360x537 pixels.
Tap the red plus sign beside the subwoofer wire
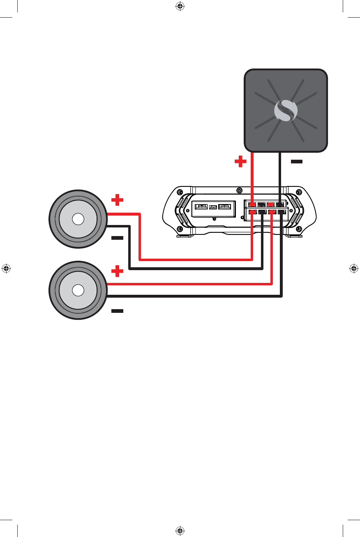[240, 162]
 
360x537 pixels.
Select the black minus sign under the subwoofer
[296, 162]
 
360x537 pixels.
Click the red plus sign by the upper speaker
[118, 200]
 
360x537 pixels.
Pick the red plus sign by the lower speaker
[118, 271]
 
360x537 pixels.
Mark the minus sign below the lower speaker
[117, 311]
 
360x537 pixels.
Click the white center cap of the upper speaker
[78, 219]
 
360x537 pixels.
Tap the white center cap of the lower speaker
[78, 290]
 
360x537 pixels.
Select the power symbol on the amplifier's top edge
[240, 190]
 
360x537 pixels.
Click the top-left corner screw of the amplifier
[180, 193]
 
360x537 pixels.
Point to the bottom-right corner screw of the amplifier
[299, 229]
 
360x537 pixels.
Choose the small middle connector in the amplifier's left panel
[213, 207]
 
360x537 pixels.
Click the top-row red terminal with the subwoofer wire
[252, 204]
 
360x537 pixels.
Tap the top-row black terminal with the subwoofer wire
[280, 204]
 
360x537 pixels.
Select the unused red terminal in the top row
[270, 204]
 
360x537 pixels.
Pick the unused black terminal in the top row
[261, 204]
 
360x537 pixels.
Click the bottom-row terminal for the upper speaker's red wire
[252, 212]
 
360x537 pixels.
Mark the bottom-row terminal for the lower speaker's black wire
[282, 212]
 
